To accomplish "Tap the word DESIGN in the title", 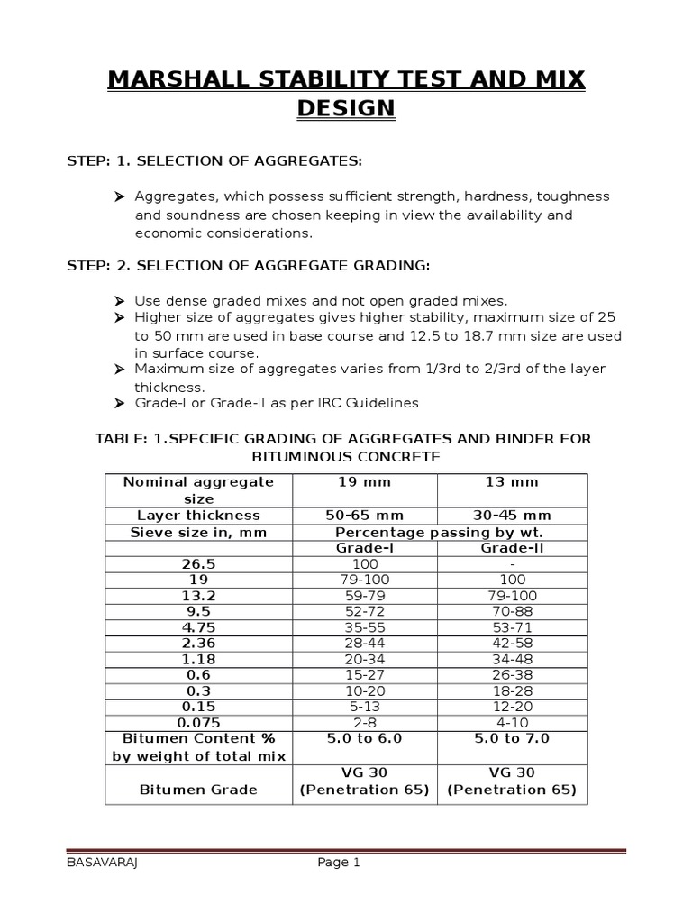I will [x=346, y=109].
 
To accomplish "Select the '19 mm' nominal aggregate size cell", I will [x=364, y=482].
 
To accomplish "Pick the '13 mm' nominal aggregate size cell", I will [x=512, y=482].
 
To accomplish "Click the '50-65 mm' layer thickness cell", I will [x=364, y=516].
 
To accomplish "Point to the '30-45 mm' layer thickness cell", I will [x=512, y=516].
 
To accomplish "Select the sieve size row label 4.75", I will [x=198, y=627].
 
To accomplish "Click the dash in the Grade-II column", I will [x=512, y=564].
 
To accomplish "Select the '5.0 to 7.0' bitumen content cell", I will [x=512, y=738].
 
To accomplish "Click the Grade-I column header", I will [x=364, y=548].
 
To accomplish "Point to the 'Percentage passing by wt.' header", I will [x=438, y=532].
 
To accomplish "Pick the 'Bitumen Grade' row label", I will [x=198, y=790].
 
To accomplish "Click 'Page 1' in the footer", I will [x=339, y=863].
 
